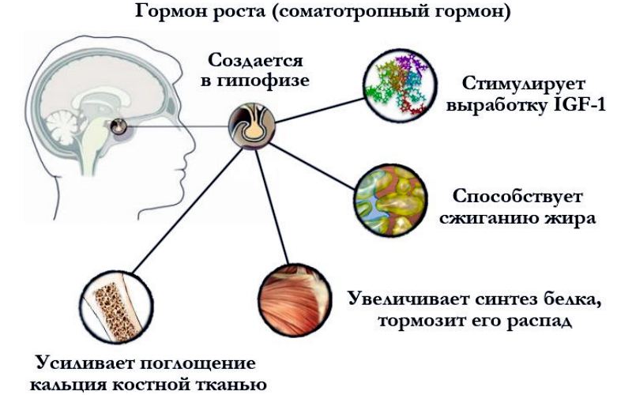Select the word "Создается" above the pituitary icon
[255, 61]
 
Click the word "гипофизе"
[264, 81]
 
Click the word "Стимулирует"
[524, 85]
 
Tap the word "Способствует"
[517, 197]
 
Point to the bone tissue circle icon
[116, 307]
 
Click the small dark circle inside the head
[118, 126]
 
